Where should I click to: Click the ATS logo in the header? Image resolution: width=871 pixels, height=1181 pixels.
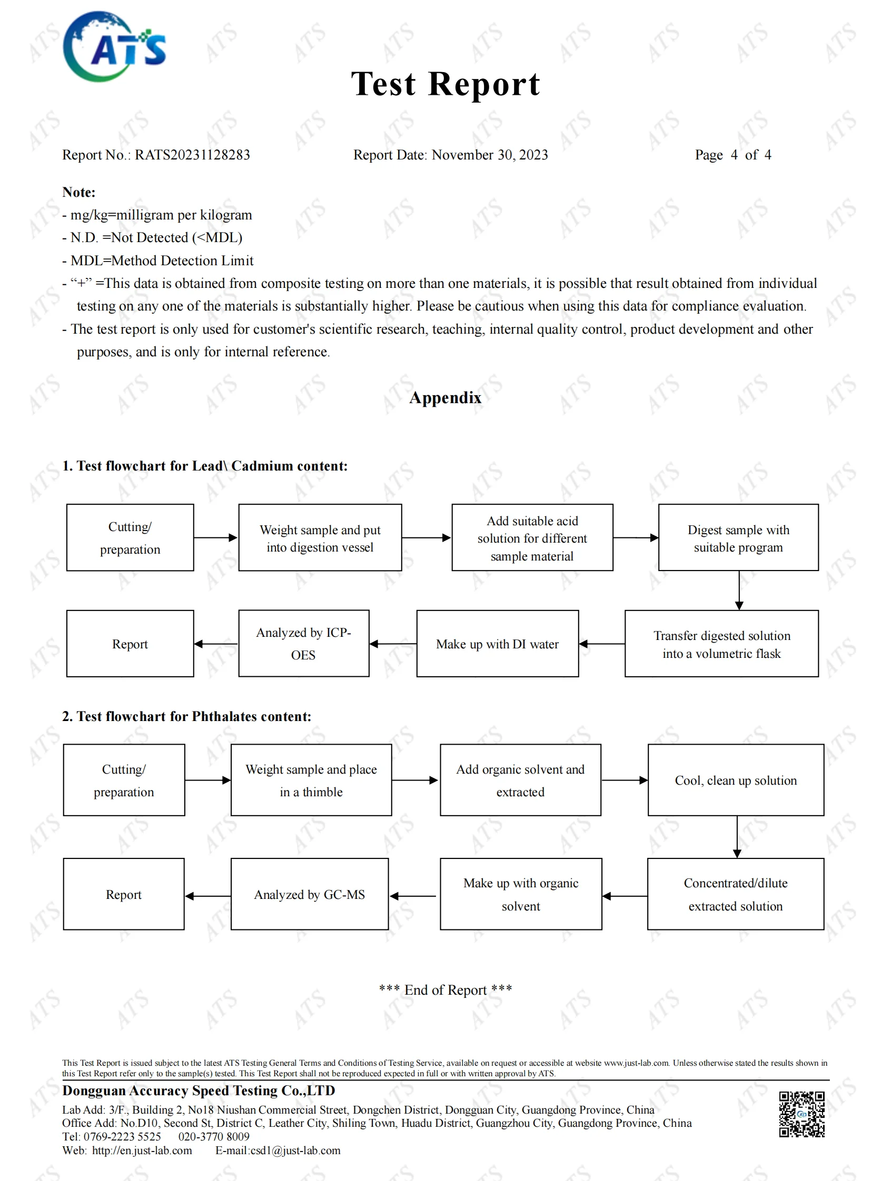tap(114, 46)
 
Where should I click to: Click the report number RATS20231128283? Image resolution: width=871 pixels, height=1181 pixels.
tap(192, 155)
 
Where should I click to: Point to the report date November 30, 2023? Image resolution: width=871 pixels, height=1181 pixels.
tap(489, 155)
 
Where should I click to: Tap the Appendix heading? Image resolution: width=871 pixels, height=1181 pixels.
tap(445, 397)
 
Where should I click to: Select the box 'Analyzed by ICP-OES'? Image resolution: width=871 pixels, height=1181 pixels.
tap(304, 644)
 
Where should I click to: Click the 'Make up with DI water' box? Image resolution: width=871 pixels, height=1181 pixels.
tap(497, 644)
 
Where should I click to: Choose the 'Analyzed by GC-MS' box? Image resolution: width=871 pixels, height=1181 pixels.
tap(310, 894)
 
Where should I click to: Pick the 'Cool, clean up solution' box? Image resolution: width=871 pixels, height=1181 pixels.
tap(736, 780)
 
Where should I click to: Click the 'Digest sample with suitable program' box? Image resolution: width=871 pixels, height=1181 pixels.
tap(738, 537)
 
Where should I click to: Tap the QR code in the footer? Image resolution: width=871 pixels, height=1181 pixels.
tap(801, 1114)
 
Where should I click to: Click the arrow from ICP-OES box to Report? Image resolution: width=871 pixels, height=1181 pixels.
tap(216, 644)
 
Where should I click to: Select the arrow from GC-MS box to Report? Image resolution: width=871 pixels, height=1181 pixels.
tap(207, 896)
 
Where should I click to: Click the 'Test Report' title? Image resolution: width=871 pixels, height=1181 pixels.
tap(446, 84)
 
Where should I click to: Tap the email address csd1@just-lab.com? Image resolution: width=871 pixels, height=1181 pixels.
tap(295, 1150)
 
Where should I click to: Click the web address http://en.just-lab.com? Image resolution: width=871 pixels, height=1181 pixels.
tap(142, 1150)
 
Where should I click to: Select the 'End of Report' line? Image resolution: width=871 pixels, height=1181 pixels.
tap(446, 990)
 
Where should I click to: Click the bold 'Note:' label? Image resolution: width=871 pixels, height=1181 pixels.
tap(79, 192)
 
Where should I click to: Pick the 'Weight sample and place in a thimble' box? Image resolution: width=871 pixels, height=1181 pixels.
tap(311, 780)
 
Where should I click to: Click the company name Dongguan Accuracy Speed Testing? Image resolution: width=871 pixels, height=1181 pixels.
tap(199, 1090)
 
